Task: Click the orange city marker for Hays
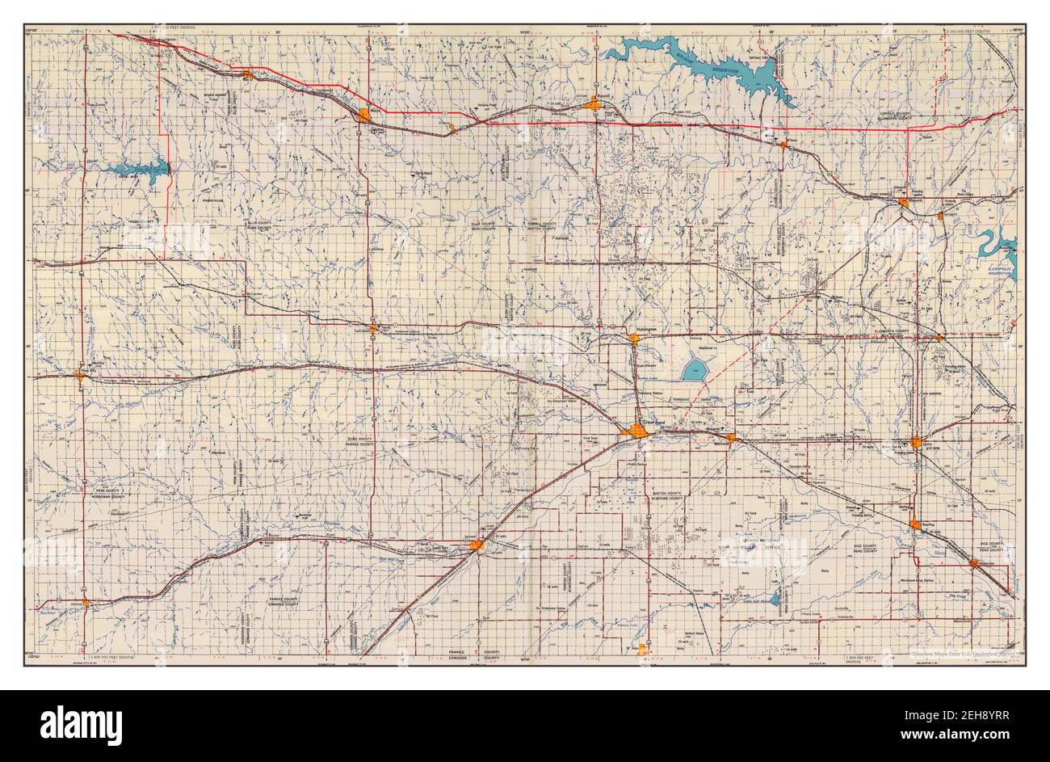[366, 116]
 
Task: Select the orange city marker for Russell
[596, 103]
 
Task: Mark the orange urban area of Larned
[477, 546]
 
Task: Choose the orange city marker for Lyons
[916, 442]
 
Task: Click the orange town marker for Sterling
[915, 524]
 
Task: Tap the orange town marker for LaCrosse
[373, 328]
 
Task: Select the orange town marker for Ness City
[80, 375]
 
